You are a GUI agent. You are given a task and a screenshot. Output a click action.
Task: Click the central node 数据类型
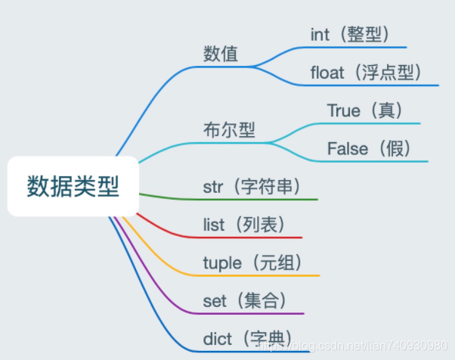coord(73,186)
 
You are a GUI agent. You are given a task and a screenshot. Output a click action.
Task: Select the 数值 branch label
coord(221,54)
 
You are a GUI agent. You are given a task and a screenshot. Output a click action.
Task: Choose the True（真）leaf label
coord(365,110)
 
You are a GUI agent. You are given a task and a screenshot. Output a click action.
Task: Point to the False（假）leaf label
coord(370,148)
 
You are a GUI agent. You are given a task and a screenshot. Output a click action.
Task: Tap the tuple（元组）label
coord(252,262)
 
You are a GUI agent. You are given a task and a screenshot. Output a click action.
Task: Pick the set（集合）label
coord(245,300)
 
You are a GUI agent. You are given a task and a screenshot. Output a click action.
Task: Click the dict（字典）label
coord(247,338)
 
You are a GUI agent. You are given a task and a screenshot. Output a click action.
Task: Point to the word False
coord(347,148)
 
